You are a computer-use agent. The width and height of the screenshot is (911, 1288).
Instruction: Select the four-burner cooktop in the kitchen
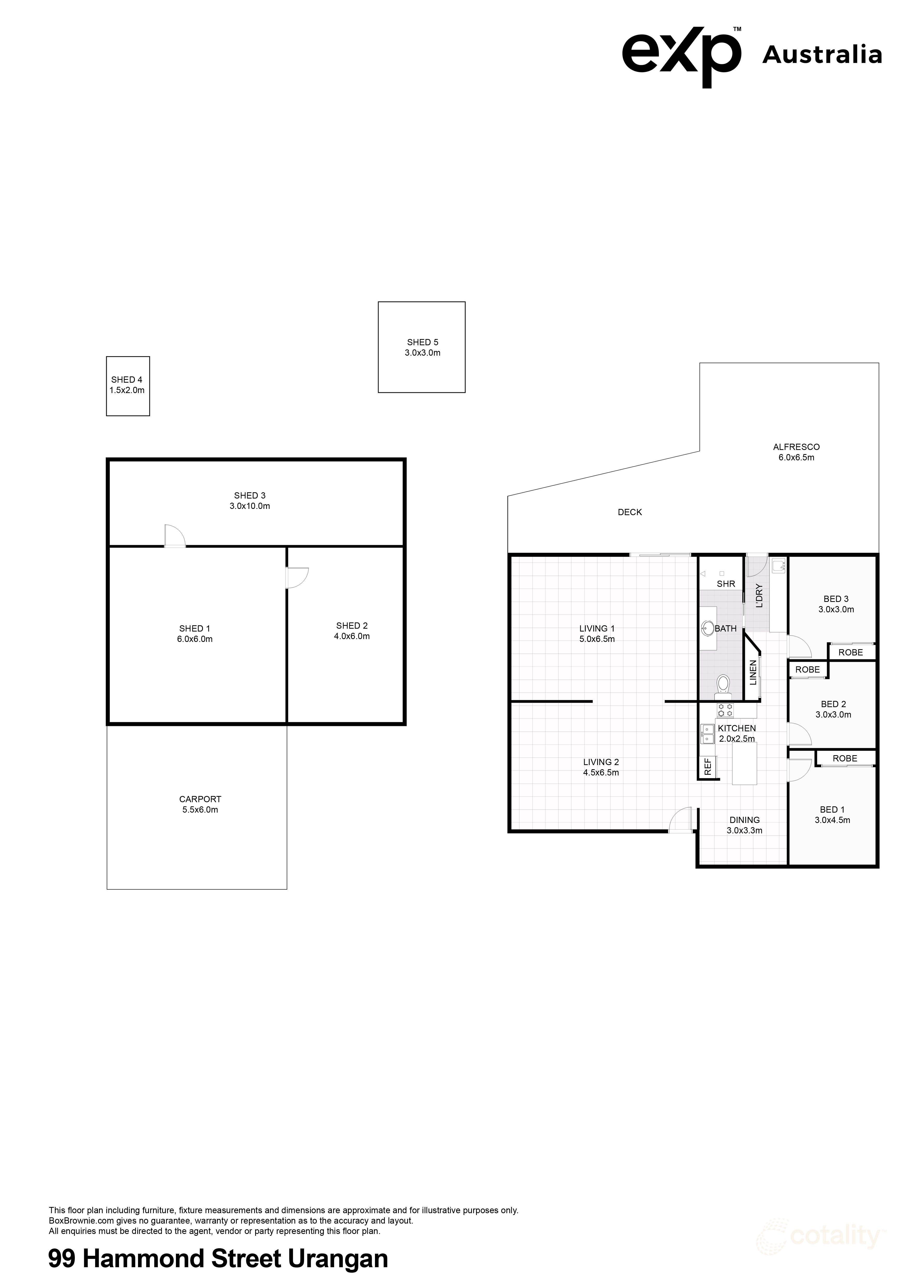pos(725,710)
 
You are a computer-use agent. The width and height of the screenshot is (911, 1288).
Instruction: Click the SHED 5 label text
pos(423,342)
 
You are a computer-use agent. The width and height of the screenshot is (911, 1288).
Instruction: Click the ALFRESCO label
pos(796,447)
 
